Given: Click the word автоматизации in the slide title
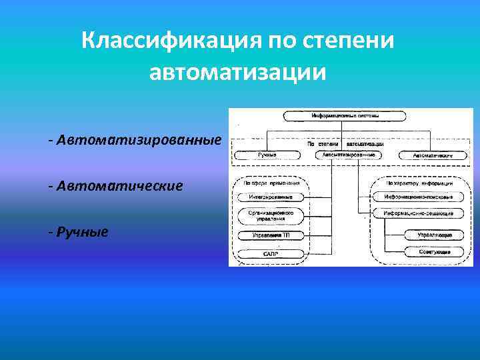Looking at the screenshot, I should pyautogui.click(x=239, y=71).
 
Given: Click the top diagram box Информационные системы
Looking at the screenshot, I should pyautogui.click(x=345, y=115).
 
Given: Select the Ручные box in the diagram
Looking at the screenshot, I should pyautogui.click(x=267, y=155).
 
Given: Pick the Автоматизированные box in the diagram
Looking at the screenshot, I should pyautogui.click(x=348, y=155).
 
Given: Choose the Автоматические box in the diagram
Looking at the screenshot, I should pyautogui.click(x=433, y=155).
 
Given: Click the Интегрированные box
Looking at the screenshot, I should pyautogui.click(x=270, y=197).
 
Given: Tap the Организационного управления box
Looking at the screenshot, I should pyautogui.click(x=270, y=215).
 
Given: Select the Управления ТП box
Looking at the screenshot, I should pyautogui.click(x=270, y=235).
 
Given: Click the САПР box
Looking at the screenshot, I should pyautogui.click(x=270, y=254).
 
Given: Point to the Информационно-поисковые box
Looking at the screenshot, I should pyautogui.click(x=418, y=197).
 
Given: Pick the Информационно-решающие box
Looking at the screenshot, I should pyautogui.click(x=418, y=214).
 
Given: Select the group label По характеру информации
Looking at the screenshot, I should pyautogui.click(x=419, y=182).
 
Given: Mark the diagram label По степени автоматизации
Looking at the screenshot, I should pyautogui.click(x=345, y=143).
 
